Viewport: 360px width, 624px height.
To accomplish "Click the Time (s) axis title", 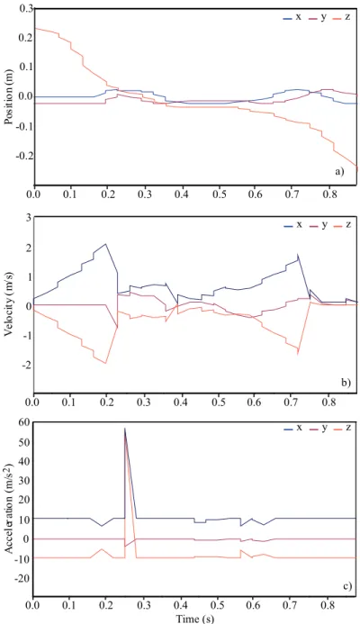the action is point(193,619).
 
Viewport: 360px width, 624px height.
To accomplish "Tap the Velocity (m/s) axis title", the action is point(8,306).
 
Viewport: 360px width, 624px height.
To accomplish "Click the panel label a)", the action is point(338,171).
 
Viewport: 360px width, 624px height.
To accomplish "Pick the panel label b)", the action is point(346,383).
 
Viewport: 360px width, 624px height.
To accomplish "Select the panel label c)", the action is point(346,586).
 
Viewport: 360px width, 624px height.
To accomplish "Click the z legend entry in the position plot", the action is point(341,18).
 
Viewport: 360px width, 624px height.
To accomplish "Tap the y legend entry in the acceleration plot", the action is point(317,429).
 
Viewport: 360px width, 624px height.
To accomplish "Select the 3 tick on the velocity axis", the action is point(28,217).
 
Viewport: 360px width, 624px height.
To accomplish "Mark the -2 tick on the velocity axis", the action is point(26,365).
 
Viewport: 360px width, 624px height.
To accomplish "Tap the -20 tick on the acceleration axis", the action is point(23,578).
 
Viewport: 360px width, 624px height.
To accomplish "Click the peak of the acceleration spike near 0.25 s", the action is point(125,429).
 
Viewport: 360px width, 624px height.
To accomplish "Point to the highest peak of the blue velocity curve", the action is point(105,244).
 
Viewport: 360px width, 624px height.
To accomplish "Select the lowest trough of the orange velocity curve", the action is point(105,364).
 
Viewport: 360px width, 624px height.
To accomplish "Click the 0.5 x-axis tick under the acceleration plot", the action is point(218,606).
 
